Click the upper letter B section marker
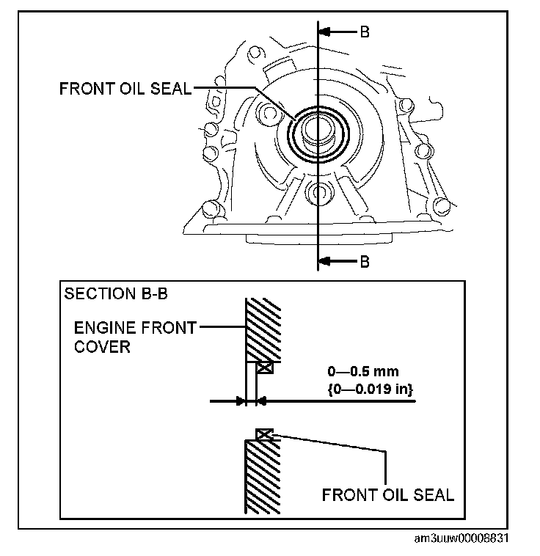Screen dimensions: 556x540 click(365, 32)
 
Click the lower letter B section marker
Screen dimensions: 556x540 click(365, 261)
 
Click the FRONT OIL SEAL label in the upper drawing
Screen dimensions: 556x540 click(125, 89)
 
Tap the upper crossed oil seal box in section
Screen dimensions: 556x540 click(265, 368)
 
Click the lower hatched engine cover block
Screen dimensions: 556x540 click(262, 477)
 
